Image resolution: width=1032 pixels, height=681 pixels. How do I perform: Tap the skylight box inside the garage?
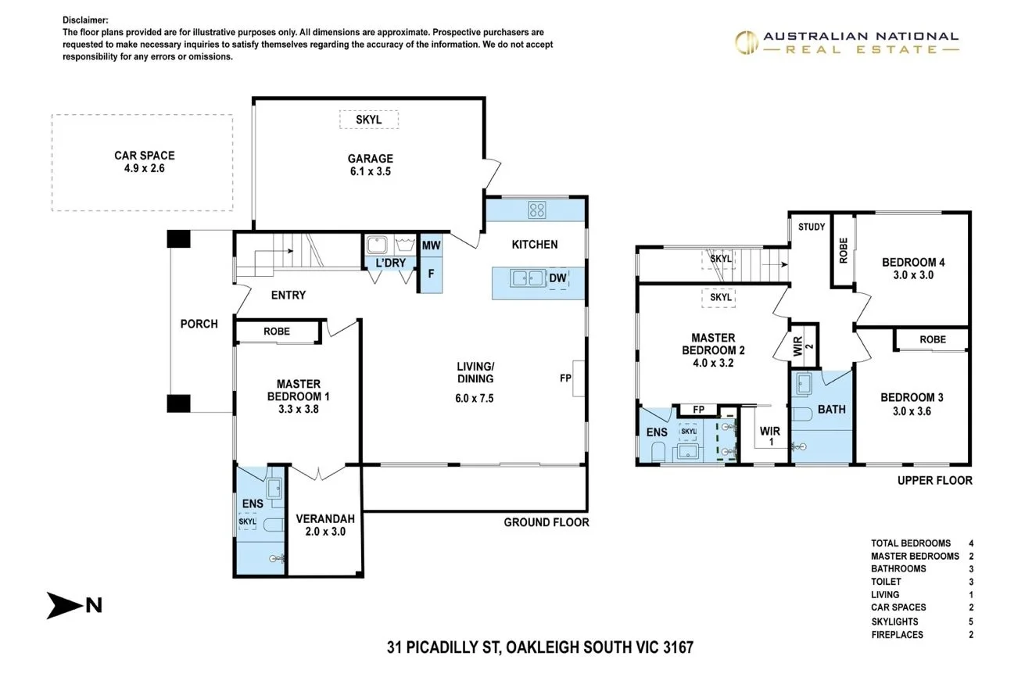pyautogui.click(x=368, y=120)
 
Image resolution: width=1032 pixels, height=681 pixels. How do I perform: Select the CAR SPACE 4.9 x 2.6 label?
pyautogui.click(x=145, y=162)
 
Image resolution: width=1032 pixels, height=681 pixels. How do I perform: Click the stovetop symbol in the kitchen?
pyautogui.click(x=537, y=210)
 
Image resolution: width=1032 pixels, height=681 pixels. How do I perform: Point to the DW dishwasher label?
pyautogui.click(x=557, y=278)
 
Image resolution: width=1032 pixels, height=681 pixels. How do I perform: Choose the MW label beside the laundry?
pyautogui.click(x=431, y=246)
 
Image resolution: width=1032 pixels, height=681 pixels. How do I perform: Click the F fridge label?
pyautogui.click(x=430, y=274)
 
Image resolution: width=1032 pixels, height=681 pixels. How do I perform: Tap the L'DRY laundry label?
pyautogui.click(x=390, y=263)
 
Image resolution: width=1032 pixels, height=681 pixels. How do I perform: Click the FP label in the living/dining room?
pyautogui.click(x=565, y=378)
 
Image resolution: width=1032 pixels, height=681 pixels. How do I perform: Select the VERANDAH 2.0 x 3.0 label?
pyautogui.click(x=325, y=525)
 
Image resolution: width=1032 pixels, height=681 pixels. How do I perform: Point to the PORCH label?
pyautogui.click(x=199, y=324)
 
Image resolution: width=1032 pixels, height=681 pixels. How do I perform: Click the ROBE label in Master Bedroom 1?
pyautogui.click(x=277, y=332)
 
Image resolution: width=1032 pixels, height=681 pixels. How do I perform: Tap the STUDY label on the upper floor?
pyautogui.click(x=812, y=227)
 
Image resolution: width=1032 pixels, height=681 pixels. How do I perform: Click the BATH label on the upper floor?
pyautogui.click(x=831, y=409)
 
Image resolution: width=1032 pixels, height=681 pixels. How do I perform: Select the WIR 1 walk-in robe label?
pyautogui.click(x=770, y=436)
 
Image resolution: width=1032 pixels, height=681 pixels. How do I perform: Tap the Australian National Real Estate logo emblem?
pyautogui.click(x=746, y=42)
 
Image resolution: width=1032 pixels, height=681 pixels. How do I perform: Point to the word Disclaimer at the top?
pyautogui.click(x=86, y=20)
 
